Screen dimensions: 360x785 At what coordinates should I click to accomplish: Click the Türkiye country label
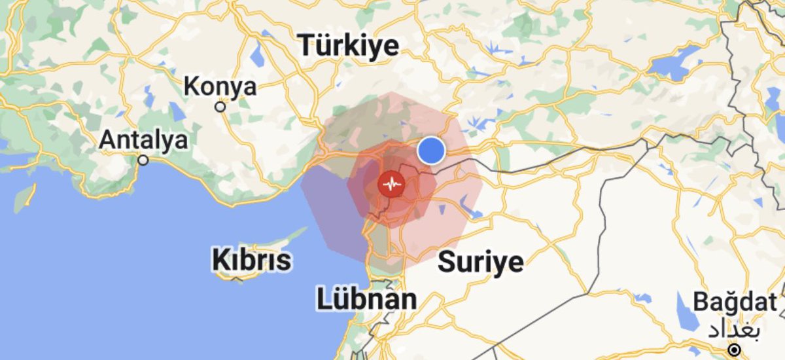(349, 46)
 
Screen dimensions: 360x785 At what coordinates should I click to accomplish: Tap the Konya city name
(220, 86)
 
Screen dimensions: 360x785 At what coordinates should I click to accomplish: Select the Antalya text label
(143, 139)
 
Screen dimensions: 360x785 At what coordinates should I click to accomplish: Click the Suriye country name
(481, 262)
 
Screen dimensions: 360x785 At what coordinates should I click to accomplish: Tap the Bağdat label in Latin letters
(735, 302)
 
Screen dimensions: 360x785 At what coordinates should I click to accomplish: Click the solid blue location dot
(431, 150)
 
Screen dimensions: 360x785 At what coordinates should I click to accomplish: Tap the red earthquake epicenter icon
(392, 185)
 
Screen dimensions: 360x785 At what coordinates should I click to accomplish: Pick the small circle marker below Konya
(221, 106)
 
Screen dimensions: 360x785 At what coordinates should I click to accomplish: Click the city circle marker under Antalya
(143, 159)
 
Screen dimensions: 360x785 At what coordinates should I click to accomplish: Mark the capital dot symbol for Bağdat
(735, 349)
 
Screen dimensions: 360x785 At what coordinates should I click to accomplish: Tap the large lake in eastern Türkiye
(674, 62)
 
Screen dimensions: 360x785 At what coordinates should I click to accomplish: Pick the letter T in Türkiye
(309, 46)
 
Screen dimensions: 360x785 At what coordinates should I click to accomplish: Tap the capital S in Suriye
(446, 262)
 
